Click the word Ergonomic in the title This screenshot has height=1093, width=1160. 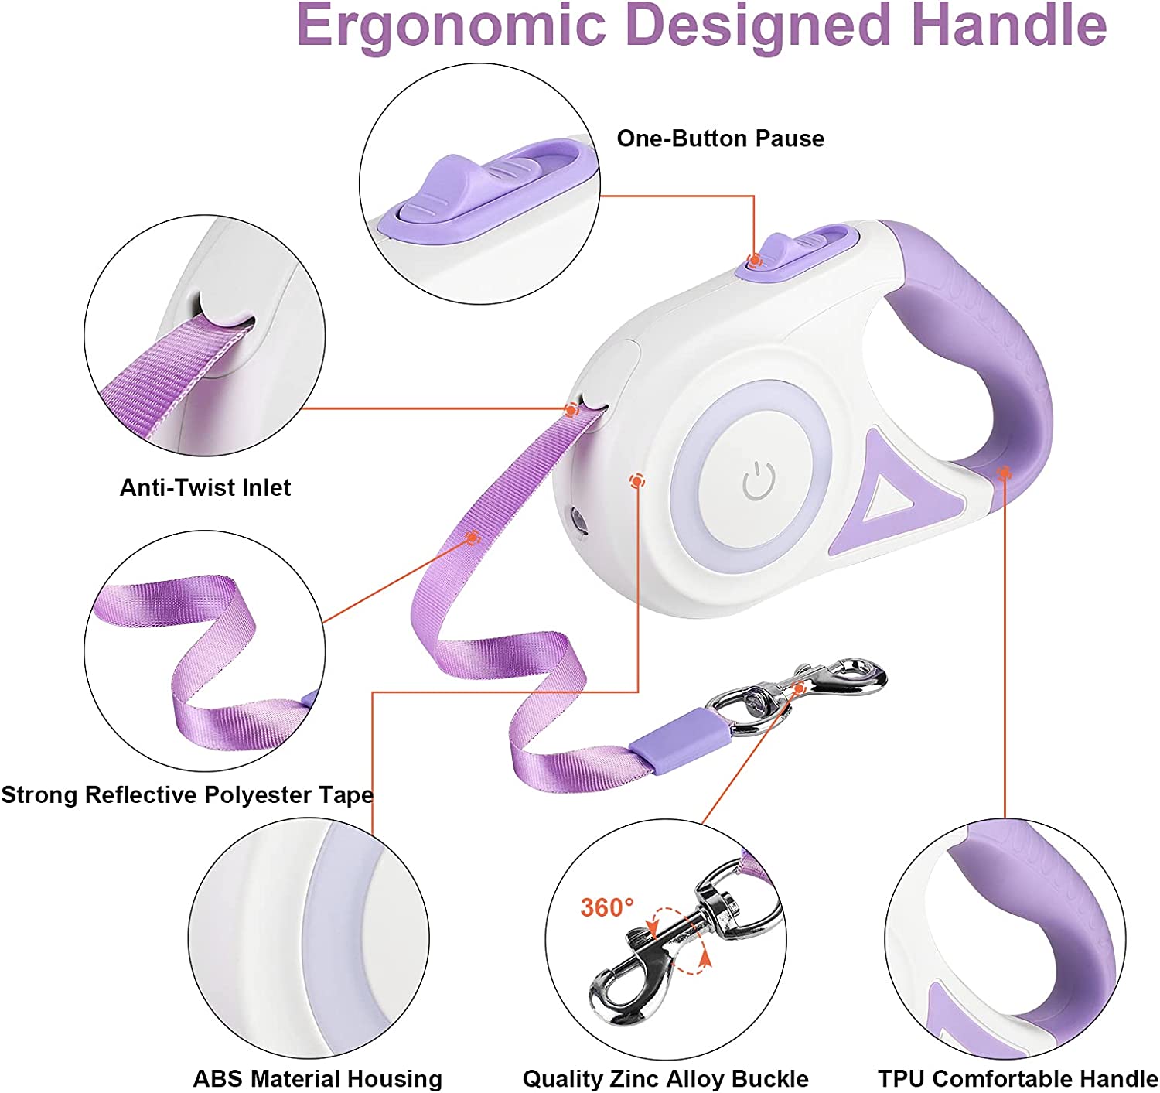click(452, 25)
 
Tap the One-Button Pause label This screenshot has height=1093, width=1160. click(720, 138)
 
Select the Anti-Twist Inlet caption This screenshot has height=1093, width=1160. click(205, 487)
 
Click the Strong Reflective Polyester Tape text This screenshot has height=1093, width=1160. click(186, 794)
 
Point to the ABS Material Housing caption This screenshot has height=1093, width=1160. click(317, 1078)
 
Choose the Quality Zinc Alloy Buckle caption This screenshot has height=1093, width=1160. click(665, 1078)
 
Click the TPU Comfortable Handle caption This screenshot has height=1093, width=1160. click(1017, 1078)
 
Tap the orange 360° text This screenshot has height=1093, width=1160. click(607, 907)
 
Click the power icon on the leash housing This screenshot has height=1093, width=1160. click(759, 481)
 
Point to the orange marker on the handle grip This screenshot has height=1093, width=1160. click(1004, 472)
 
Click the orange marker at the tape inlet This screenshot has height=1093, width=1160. click(571, 410)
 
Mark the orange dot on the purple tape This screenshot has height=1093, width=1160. click(472, 537)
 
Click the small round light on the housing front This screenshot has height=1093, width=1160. click(577, 517)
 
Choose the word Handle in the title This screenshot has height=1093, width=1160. click(1008, 25)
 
